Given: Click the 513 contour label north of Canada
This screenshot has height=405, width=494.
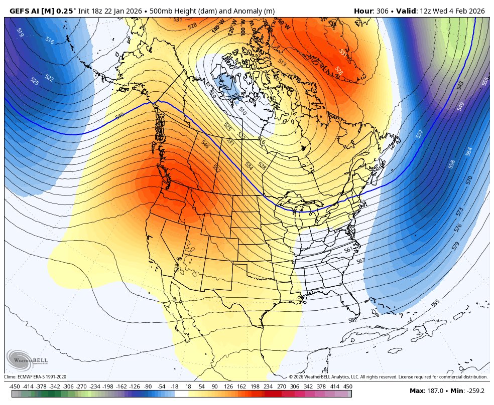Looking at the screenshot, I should coord(282,63).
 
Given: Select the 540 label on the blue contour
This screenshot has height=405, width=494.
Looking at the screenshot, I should coord(119,116).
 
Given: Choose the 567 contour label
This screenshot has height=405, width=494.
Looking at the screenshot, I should coord(360,261).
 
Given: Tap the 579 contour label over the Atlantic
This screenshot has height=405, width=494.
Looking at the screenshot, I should coord(455,246).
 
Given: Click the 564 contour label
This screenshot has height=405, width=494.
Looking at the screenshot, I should coord(469,151).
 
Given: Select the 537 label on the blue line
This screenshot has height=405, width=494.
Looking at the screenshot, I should coord(420,134).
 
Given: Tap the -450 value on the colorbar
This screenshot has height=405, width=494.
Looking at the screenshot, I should coord(15,386).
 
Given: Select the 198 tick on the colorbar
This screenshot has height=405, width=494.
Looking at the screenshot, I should coord(255,386).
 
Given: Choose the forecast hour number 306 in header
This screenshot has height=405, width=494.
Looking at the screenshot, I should coord(388,11).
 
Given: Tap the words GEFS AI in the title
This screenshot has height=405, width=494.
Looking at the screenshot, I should coord(26,11).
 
